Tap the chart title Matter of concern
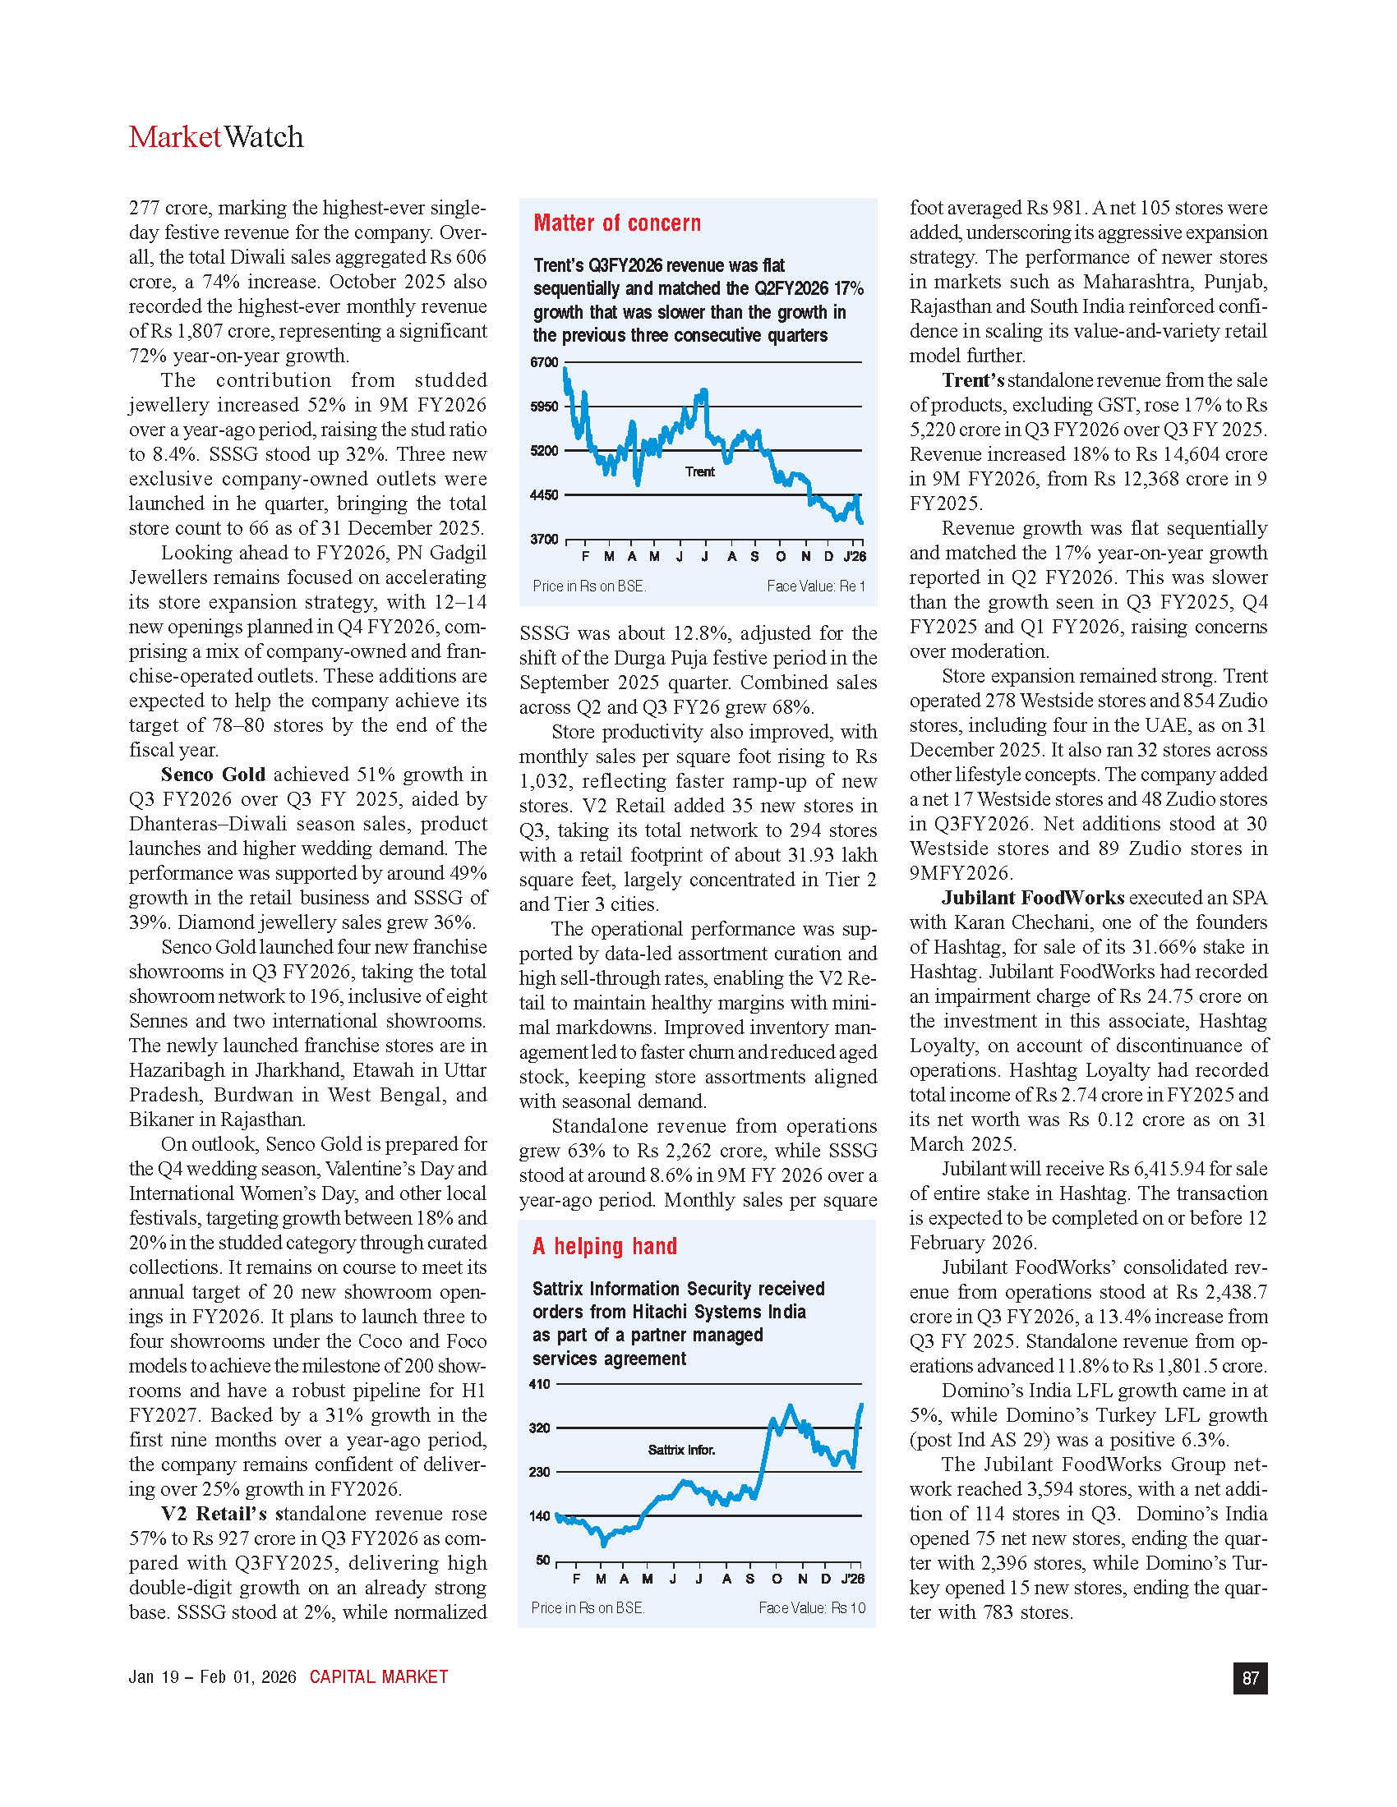pos(616,223)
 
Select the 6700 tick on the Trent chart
pos(545,362)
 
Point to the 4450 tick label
pos(545,494)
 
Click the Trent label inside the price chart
pos(699,471)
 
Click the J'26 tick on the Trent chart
pos(855,557)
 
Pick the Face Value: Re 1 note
pos(815,586)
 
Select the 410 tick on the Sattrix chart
pos(540,1384)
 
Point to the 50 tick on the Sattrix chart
pos(543,1561)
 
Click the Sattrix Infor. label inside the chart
pos(681,1451)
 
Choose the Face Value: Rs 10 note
pos(811,1607)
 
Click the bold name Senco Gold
pos(213,775)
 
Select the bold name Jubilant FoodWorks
pos(1033,898)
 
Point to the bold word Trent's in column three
pos(972,380)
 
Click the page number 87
pos(1250,1678)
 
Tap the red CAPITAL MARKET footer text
pos(378,1677)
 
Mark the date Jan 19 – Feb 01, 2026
pos(212,1677)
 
